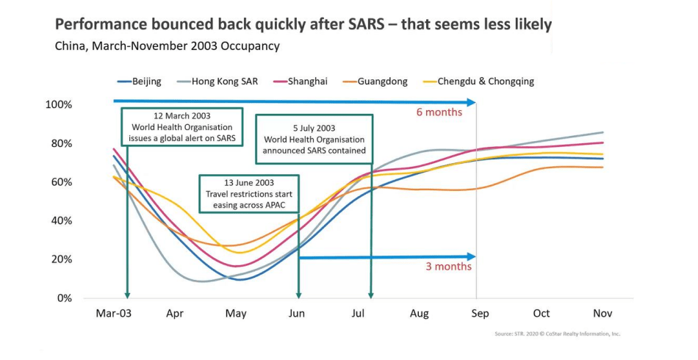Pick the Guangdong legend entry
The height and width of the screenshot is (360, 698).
coord(382,82)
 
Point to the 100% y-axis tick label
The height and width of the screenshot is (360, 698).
coord(58,105)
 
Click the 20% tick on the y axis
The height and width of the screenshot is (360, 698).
coord(61,259)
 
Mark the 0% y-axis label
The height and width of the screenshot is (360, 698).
coord(64,298)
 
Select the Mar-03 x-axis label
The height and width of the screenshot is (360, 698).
coord(113,314)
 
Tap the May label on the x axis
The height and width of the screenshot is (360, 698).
coord(236,314)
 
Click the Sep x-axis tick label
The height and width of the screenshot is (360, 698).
coord(479,314)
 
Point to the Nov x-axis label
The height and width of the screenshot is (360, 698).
coord(602,314)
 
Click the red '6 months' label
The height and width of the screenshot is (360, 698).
coord(439,112)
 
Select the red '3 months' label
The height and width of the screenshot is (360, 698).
coord(448,267)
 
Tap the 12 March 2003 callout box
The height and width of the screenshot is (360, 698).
coord(181,127)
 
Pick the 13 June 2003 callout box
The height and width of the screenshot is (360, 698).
coord(249,193)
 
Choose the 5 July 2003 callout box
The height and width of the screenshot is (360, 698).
coord(314,140)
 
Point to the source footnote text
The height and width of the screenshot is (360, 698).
coord(558,334)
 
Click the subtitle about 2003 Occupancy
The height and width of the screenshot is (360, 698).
coord(168,46)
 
